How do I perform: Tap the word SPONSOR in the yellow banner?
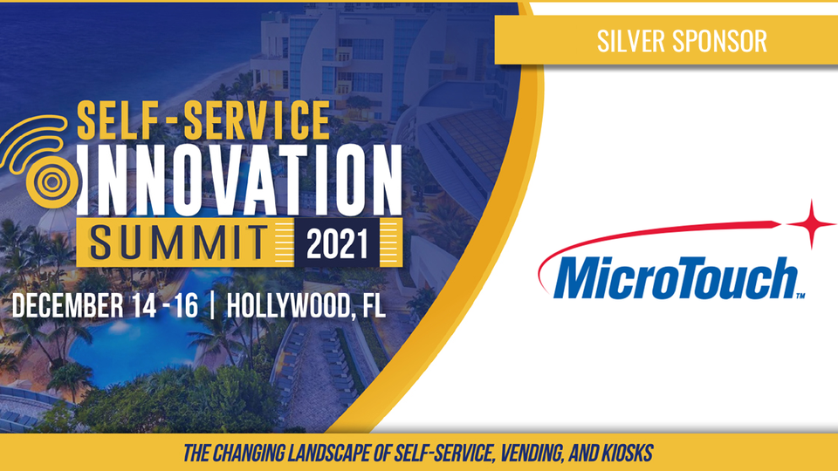pos(719,41)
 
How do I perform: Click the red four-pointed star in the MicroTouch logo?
pos(812,224)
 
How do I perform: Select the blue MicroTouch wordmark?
pos(676,278)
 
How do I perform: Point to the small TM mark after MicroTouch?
pos(800,296)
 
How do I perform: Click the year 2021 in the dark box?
pos(337,243)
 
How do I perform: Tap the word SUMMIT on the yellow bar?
pos(178,243)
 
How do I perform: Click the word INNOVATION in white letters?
pos(240,180)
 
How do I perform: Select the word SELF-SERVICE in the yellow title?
pos(203,120)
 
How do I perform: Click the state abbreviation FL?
pos(374,306)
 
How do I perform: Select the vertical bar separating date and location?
pos(213,306)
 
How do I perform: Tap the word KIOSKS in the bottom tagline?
pos(628,454)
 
